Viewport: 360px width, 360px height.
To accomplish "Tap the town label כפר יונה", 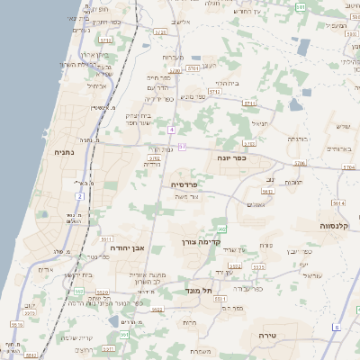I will (x=231, y=157).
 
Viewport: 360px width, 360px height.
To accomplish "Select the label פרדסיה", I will (x=187, y=184).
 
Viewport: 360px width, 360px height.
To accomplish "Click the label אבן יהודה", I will (x=127, y=246).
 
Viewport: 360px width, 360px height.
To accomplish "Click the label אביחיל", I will (x=97, y=86).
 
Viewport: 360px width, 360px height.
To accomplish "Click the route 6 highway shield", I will (x=336, y=328).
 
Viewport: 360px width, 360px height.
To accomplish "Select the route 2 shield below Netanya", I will (x=79, y=195).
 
